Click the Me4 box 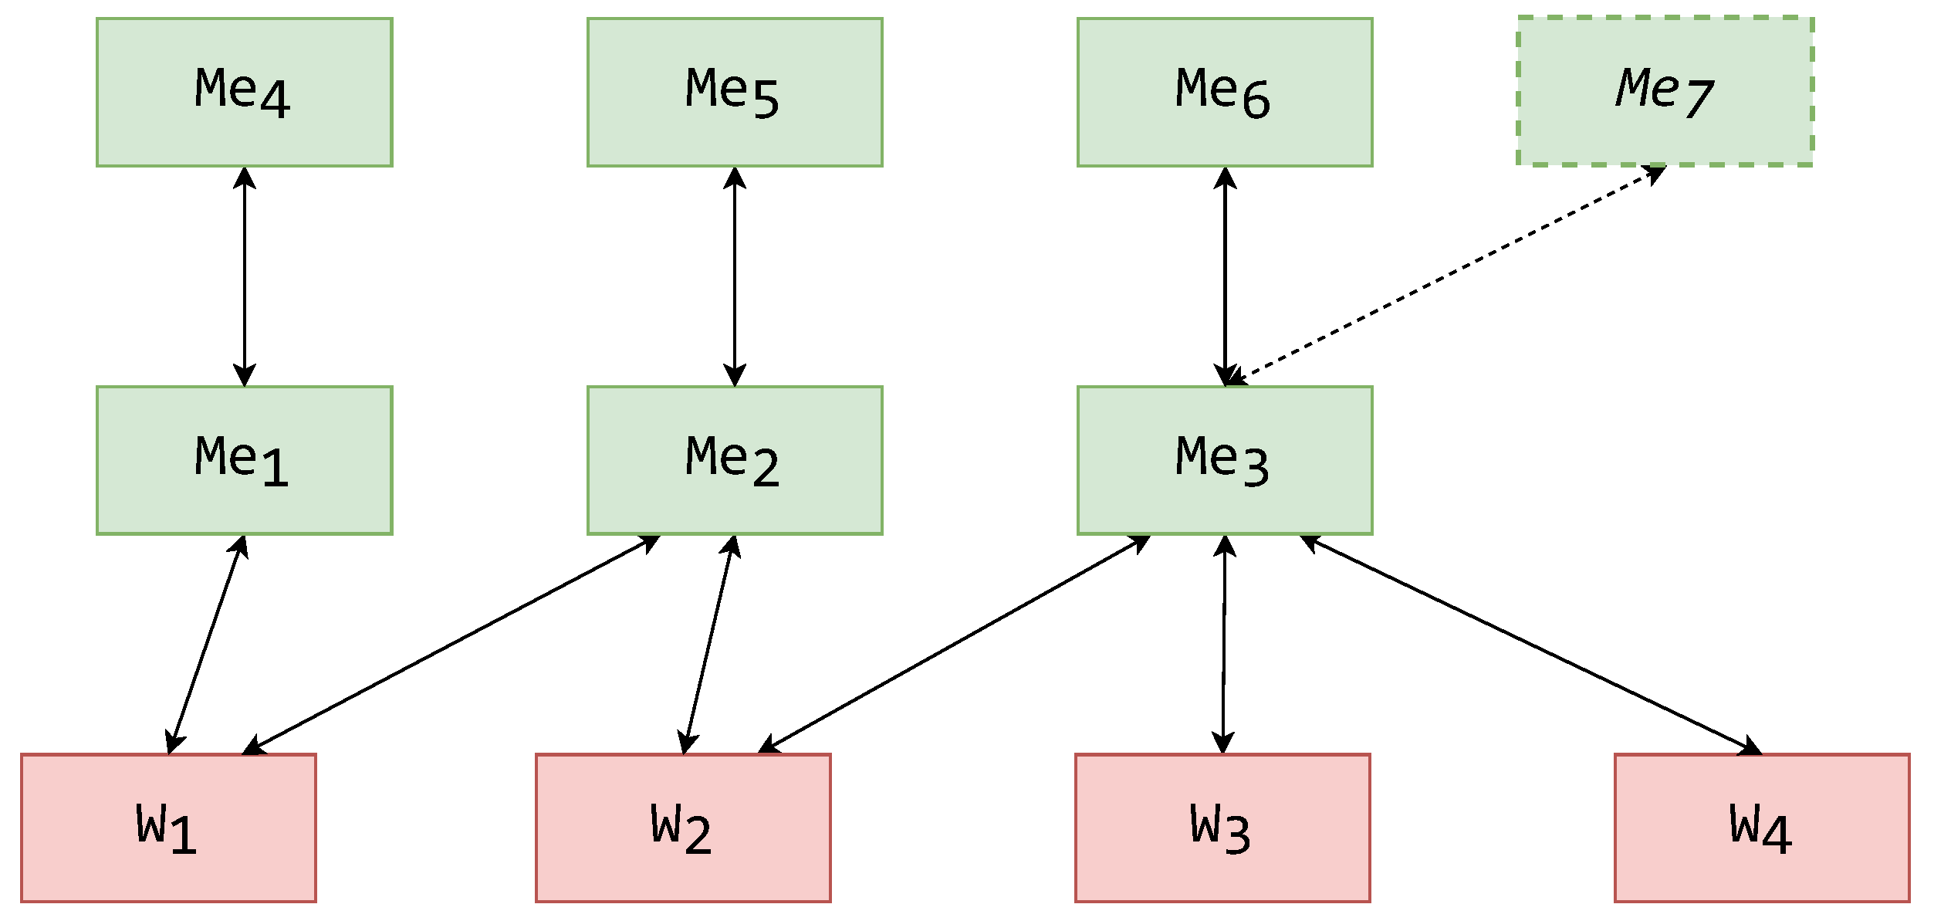244,92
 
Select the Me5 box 734,92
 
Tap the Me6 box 1224,92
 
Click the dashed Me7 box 1665,91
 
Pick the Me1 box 244,460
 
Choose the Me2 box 734,460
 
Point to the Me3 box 1224,460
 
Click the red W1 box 168,828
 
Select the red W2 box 683,828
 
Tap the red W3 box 1222,828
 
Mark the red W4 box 1762,828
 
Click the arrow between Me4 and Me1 245,276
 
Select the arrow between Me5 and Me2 735,276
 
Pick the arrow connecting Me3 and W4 1531,645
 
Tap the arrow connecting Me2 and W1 451,645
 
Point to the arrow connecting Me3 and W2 954,644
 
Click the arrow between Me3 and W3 1223,645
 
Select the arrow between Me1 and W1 207,645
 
